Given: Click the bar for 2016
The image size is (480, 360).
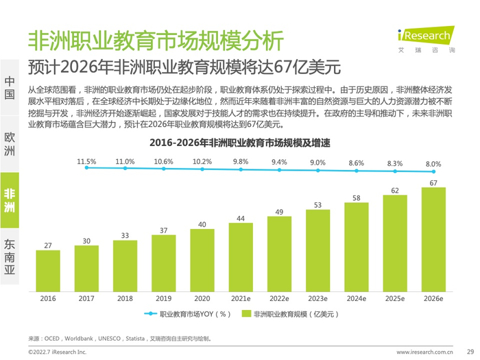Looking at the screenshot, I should tap(47, 270).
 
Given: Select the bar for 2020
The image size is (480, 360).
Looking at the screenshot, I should tap(202, 259).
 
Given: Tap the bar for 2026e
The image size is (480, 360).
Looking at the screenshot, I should tap(433, 239).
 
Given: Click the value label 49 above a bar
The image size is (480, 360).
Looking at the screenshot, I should tap(279, 213).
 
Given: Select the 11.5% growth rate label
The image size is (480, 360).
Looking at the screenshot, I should tap(86, 162).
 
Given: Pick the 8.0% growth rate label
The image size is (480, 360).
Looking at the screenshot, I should tap(433, 165).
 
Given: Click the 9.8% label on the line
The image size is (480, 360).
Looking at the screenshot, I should tap(241, 162).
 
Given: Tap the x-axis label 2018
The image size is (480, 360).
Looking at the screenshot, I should tap(125, 299).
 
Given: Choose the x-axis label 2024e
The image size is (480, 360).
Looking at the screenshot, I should tap(356, 299).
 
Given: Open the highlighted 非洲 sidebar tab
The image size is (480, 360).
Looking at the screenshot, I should tap(10, 200).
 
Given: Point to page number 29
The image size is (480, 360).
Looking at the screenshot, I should tap(470, 351).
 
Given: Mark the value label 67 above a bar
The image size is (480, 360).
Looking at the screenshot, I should tap(433, 182).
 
